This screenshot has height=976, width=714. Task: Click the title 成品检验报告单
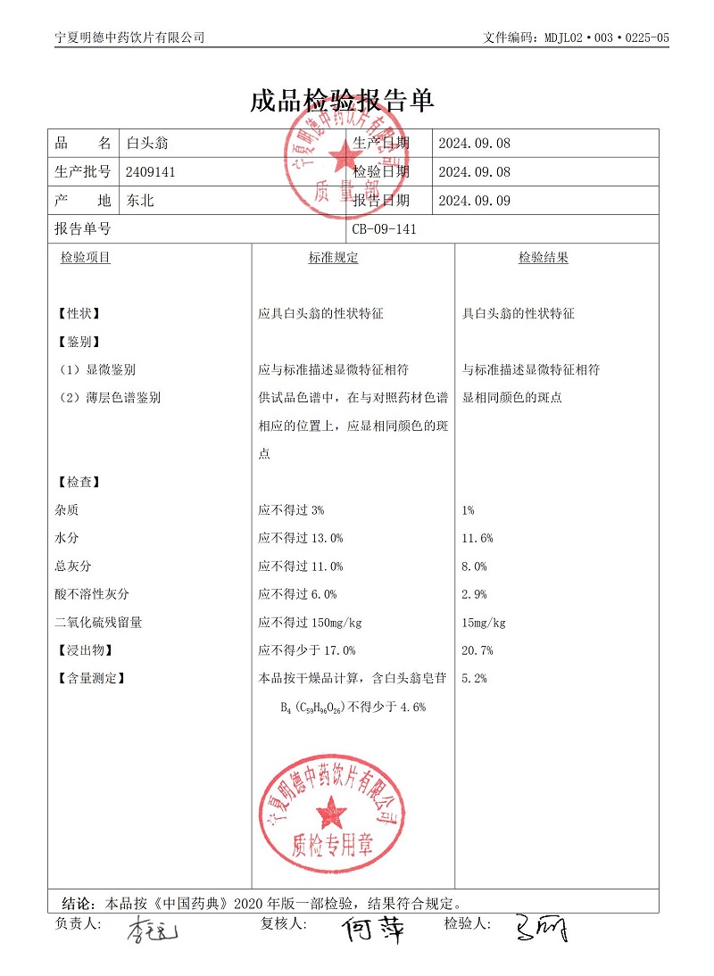click(x=342, y=101)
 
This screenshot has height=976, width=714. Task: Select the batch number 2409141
click(x=151, y=172)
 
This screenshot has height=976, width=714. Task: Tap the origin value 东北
click(x=140, y=201)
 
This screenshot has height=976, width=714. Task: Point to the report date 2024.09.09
click(x=475, y=201)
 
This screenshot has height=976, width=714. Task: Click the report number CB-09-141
click(x=385, y=229)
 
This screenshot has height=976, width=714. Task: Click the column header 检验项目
click(x=86, y=258)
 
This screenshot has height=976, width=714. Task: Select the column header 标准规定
click(x=333, y=258)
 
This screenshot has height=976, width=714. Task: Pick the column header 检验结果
click(x=544, y=258)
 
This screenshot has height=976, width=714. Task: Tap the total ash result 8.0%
click(x=474, y=567)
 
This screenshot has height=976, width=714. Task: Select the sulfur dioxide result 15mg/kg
click(x=484, y=623)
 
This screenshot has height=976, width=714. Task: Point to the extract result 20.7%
click(x=477, y=650)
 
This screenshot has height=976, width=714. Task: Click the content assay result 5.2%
click(x=474, y=678)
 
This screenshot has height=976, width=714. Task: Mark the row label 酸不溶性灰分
click(x=92, y=594)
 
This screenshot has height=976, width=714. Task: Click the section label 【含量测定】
click(x=90, y=678)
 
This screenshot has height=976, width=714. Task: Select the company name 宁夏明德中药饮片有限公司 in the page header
click(x=129, y=37)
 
